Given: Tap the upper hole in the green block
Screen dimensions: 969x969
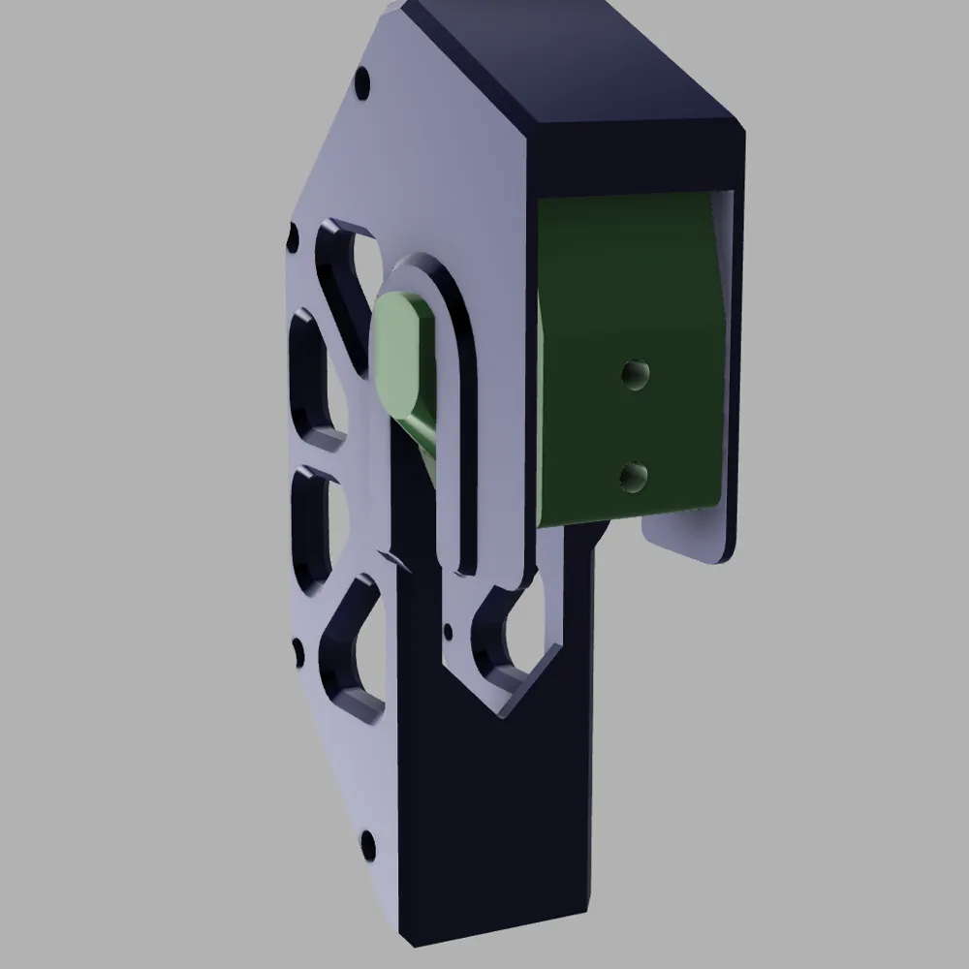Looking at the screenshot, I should (635, 374).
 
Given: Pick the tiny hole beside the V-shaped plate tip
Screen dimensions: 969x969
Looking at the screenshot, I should (447, 633).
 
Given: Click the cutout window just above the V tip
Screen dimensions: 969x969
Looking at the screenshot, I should (518, 635).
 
